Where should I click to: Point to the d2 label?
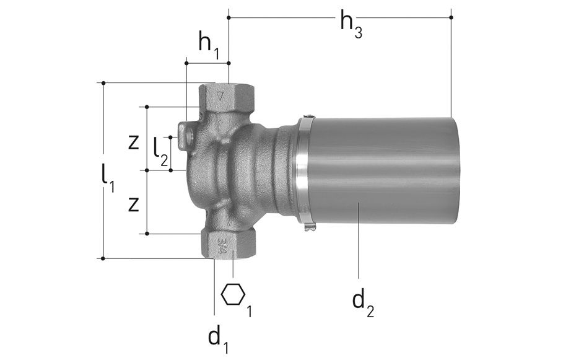coord(363,304)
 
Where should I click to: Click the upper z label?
coord(134,143)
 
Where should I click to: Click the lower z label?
coord(134,204)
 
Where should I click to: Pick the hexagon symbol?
coord(233,294)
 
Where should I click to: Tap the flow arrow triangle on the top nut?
coord(220,96)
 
